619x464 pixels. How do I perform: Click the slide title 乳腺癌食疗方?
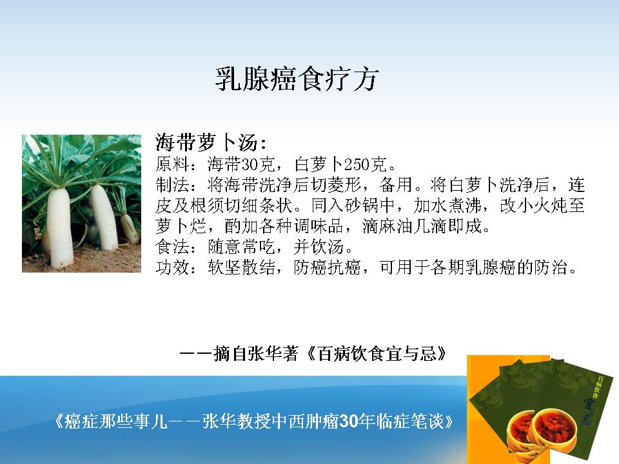click(x=297, y=79)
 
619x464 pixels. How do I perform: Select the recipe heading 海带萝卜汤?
click(x=206, y=142)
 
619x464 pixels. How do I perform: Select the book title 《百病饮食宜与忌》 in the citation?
click(x=376, y=354)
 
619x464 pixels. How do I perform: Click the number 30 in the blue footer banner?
click(x=348, y=421)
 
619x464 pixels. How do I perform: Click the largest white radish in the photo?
click(x=60, y=228)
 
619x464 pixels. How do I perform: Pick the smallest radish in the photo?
click(x=129, y=228)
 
